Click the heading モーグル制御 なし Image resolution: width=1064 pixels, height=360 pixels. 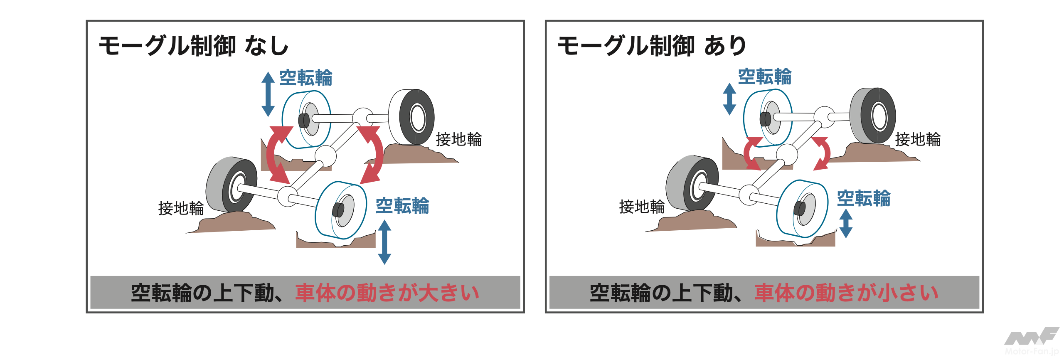[194, 46]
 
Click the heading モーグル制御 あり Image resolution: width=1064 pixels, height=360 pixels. [652, 46]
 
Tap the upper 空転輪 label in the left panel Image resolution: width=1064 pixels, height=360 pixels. [306, 78]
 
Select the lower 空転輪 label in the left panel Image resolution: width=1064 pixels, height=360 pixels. [402, 206]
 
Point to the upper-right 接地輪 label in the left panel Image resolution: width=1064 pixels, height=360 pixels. [459, 139]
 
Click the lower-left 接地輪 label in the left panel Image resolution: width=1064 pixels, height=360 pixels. [181, 208]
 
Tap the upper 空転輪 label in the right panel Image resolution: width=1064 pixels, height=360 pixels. [765, 76]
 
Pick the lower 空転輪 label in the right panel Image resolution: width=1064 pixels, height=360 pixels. [864, 198]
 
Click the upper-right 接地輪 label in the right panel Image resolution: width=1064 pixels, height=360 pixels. [918, 139]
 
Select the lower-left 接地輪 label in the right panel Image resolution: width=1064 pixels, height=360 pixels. [642, 206]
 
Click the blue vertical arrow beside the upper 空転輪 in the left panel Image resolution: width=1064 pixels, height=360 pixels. [268, 94]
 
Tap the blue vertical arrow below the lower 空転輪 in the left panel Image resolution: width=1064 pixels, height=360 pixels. [384, 242]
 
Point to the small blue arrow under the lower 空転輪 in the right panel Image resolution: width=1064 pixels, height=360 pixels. [846, 224]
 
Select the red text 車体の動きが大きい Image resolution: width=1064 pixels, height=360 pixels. [387, 293]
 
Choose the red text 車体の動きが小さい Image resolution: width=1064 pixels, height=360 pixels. [847, 293]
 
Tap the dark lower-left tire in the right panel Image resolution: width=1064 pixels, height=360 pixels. [692, 183]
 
